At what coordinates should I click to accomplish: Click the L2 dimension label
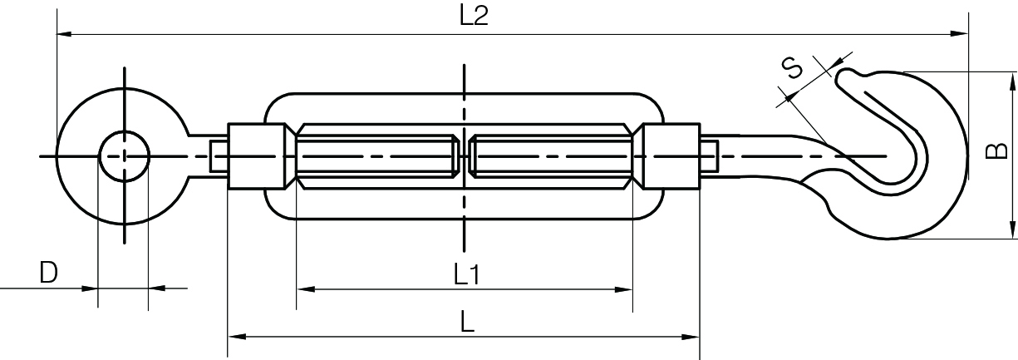tap(473, 17)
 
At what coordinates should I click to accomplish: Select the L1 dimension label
tap(466, 274)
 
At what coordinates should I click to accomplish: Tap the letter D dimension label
tap(49, 272)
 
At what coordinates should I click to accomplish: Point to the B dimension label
tap(996, 151)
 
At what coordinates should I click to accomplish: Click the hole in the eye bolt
tap(124, 155)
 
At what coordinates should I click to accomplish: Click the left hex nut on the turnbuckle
tap(260, 155)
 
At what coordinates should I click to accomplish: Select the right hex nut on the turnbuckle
tap(670, 155)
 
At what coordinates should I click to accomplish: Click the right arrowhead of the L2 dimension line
tap(961, 34)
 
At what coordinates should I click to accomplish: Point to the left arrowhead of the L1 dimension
tap(304, 289)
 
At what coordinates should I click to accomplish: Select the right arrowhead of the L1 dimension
tap(625, 289)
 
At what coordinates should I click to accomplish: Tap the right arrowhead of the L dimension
tap(692, 337)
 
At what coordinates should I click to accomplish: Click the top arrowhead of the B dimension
tap(1012, 80)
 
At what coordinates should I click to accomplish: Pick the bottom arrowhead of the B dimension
tap(1012, 232)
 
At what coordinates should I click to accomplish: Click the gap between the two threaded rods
tap(464, 155)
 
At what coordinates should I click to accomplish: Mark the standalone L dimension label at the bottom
tap(467, 322)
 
